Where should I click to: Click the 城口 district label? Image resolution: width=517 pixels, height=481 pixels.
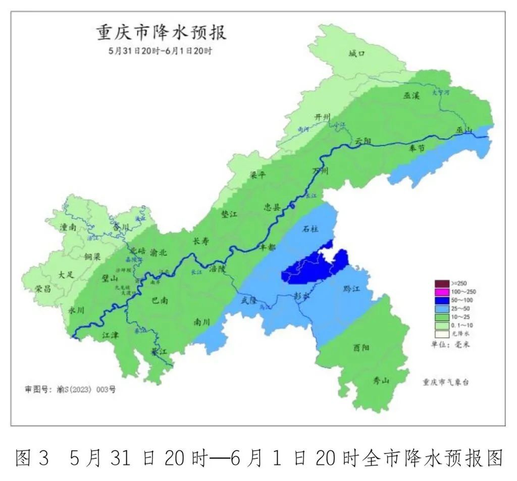[356, 54]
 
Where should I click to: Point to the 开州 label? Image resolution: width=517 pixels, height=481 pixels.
[322, 117]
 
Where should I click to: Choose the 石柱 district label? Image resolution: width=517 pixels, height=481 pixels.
[310, 229]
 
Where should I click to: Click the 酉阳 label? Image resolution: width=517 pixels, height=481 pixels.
[361, 347]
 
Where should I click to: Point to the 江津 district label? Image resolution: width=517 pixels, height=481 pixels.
[110, 334]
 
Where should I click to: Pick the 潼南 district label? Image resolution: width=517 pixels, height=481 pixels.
[68, 228]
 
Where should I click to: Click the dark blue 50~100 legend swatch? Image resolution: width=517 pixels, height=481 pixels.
[442, 300]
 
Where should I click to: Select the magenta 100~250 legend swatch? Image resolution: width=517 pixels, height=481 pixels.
[442, 292]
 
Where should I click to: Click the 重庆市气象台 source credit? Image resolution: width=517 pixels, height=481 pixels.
[446, 383]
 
